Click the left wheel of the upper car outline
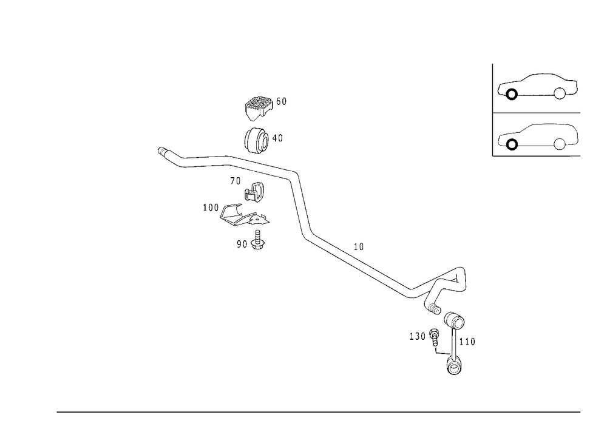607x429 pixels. pos(509,93)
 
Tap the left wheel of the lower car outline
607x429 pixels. pos(509,143)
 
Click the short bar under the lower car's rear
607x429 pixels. pos(575,157)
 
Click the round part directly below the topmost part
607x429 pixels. pos(256,140)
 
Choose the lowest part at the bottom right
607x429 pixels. pos(453,364)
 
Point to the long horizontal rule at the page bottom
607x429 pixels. pos(319,411)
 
